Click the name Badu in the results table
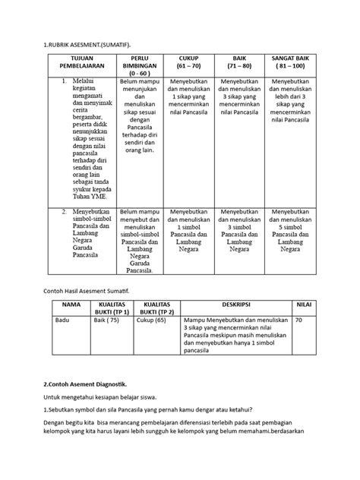[x=63, y=321]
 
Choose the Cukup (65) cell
[x=153, y=321]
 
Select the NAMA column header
[x=69, y=302]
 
